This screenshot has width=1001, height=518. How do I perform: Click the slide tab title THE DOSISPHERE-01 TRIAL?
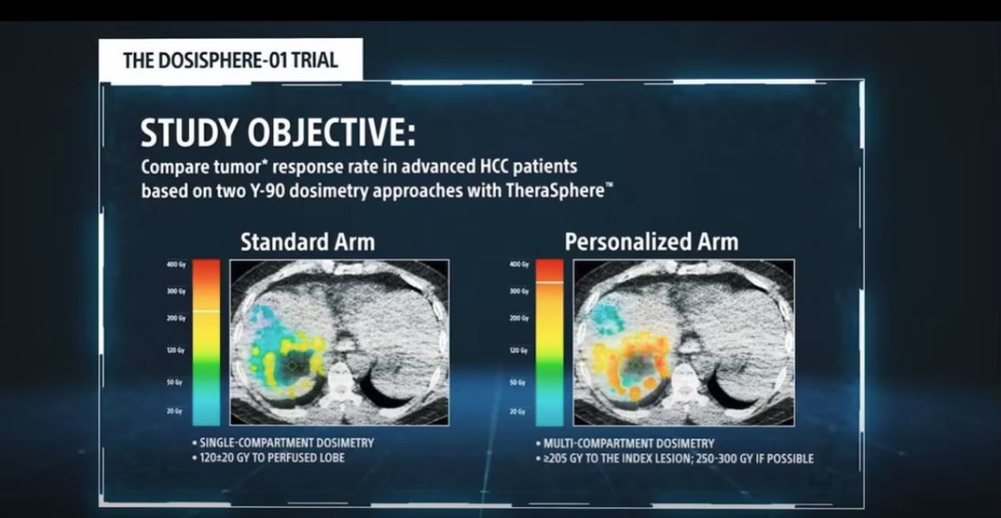click(x=230, y=61)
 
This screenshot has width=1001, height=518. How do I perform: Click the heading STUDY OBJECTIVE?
click(x=278, y=134)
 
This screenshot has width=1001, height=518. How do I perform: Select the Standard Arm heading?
click(x=307, y=242)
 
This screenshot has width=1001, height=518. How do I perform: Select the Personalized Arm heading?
click(x=651, y=242)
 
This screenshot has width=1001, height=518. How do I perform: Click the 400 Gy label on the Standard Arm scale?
click(x=176, y=265)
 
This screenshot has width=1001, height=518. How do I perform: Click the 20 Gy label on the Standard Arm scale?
click(x=176, y=411)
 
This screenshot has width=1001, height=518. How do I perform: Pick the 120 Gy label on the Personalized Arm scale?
click(x=519, y=350)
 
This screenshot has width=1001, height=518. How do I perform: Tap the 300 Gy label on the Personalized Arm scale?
click(x=519, y=291)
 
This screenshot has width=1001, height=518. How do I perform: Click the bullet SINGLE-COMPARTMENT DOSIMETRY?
click(x=286, y=443)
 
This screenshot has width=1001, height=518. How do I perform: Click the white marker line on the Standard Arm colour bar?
click(x=207, y=312)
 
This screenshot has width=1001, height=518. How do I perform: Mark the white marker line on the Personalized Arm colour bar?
click(x=549, y=282)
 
